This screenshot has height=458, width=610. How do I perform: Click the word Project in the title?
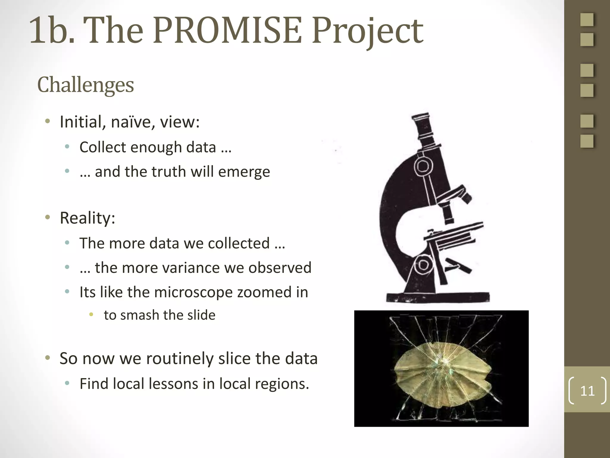pos(368,31)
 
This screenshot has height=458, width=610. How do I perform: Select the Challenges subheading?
pos(85,85)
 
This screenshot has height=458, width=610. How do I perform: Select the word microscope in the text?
pos(193,292)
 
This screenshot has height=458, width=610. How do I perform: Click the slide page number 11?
pos(587,391)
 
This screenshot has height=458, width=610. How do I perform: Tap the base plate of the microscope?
pos(438,297)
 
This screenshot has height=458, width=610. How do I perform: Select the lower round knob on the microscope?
pos(423,265)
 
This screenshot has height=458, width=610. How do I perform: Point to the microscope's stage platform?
pos(453,236)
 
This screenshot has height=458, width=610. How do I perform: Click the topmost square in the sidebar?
pos(587,20)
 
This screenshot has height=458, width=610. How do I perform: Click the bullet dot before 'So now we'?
pos(48,358)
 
